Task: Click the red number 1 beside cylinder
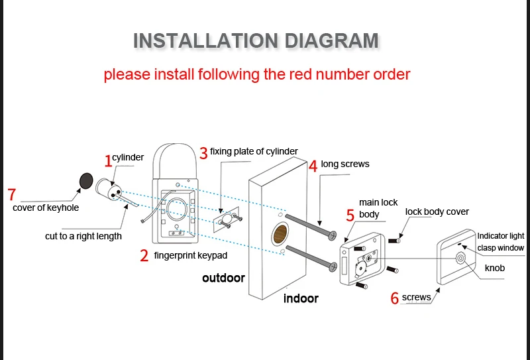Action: point(109,160)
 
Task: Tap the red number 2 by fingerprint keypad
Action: point(144,256)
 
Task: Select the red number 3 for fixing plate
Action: point(203,153)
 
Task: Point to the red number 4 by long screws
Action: point(313,165)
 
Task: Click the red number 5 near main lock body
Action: point(350,215)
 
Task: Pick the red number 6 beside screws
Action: point(395,298)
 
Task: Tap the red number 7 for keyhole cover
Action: point(11,195)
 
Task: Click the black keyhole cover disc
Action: point(85,180)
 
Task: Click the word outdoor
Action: point(223,278)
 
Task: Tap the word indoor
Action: point(301,298)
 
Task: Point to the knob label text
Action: point(495,269)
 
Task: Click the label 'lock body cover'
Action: point(437,212)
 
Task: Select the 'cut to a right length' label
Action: point(83,236)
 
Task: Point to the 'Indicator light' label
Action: point(500,236)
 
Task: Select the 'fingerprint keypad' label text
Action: point(190,255)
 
